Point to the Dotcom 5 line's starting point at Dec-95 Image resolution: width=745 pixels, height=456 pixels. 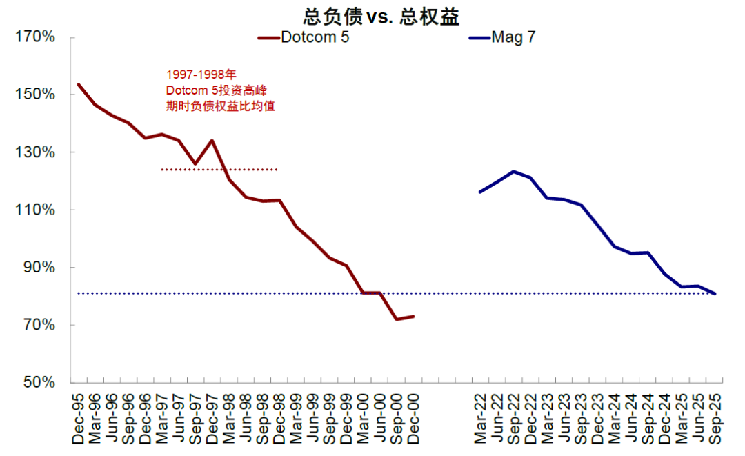click(79, 85)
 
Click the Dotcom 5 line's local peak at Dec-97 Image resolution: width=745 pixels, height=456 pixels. click(212, 141)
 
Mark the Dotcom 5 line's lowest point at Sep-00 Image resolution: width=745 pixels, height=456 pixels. click(396, 319)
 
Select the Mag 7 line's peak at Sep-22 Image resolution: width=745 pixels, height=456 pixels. click(513, 171)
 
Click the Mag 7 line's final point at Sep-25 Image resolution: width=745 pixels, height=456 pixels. click(715, 294)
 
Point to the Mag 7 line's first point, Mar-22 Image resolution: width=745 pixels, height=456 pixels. click(480, 192)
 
